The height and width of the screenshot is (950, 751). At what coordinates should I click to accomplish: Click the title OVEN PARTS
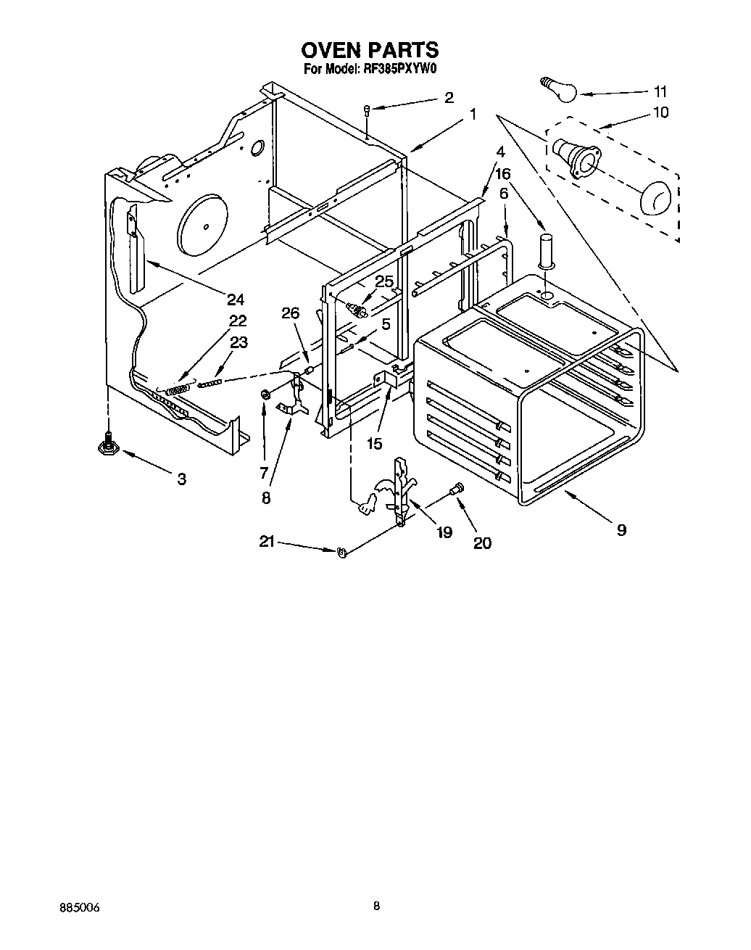370,50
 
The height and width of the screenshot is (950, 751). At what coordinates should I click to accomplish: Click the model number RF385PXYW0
395,70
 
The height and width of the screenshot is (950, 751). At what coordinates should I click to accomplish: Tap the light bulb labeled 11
559,89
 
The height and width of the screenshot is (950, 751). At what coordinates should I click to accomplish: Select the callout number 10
660,113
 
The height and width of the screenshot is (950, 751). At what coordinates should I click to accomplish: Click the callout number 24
235,300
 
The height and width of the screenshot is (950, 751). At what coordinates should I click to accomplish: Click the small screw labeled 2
367,110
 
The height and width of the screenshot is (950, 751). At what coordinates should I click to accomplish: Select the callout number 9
621,530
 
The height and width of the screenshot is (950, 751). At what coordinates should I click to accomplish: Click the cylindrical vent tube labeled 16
545,249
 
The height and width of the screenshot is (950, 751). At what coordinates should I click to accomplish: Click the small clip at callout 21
341,553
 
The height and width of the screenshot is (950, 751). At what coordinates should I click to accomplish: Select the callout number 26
290,313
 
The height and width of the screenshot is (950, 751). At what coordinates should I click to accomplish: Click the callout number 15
374,444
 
